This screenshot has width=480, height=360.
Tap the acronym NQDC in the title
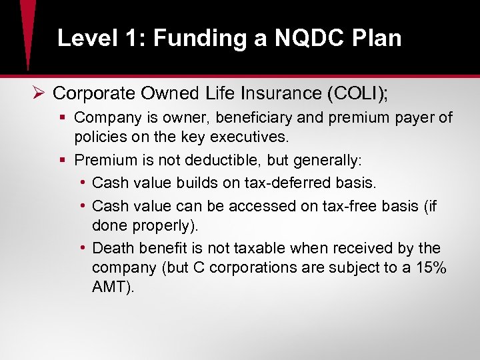pyautogui.click(x=300, y=38)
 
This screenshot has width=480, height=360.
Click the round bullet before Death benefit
pyautogui.click(x=82, y=249)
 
